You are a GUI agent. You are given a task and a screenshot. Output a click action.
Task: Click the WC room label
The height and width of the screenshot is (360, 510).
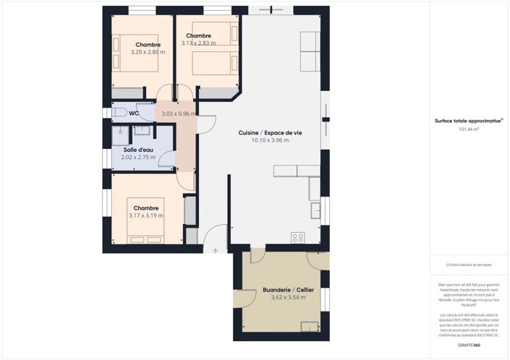pos(134,113)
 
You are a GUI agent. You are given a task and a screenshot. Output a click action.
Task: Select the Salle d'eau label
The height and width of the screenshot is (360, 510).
pos(136,149)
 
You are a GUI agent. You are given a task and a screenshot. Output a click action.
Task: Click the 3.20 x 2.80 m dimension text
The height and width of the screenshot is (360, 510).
pos(148,52)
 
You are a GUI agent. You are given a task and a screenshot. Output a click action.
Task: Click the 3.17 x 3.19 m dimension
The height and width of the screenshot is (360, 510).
pos(146,215)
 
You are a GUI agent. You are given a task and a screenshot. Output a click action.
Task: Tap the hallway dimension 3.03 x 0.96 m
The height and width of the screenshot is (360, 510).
pos(179,113)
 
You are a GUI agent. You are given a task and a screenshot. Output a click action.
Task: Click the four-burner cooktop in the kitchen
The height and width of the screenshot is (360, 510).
pos(297,236)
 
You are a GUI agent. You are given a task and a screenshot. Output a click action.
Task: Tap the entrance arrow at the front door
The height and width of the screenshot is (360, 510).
pos(215,251)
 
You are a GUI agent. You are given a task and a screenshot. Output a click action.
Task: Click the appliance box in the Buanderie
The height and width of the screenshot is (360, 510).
pos(310,326)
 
